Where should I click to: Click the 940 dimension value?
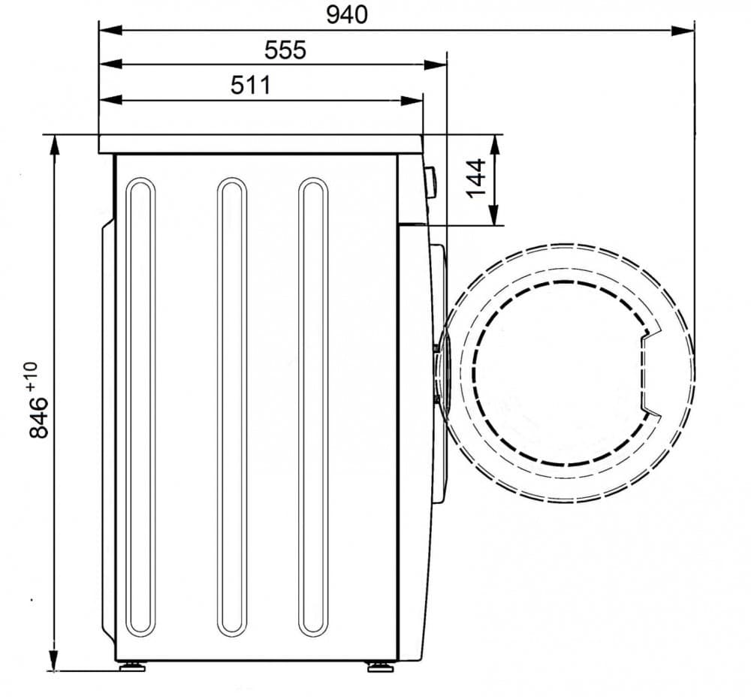[x=347, y=15]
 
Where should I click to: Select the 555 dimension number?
[x=285, y=50]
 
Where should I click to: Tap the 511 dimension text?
[x=251, y=86]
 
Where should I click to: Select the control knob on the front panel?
[x=430, y=182]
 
